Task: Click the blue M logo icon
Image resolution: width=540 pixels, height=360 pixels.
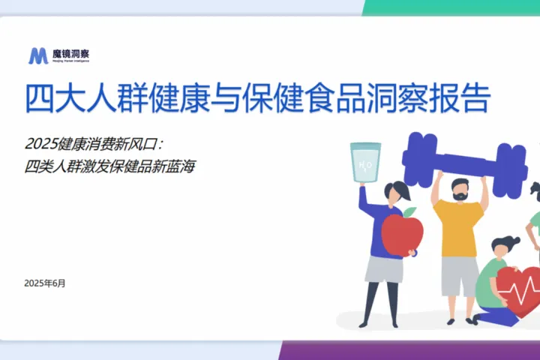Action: click(x=38, y=55)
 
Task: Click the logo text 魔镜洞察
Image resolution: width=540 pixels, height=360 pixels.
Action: click(x=70, y=53)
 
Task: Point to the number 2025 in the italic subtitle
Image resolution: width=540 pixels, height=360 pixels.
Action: click(x=40, y=143)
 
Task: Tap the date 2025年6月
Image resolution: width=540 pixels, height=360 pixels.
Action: click(x=45, y=283)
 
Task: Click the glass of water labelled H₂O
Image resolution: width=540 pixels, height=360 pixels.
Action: click(x=367, y=162)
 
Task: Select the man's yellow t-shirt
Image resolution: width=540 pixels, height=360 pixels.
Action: click(x=458, y=229)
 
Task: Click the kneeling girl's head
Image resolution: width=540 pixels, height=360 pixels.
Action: click(x=502, y=247)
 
